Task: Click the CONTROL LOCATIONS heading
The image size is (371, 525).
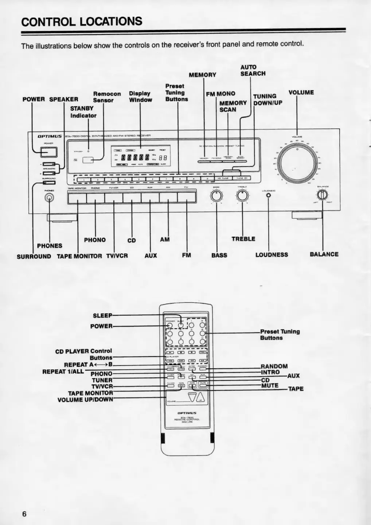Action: click(x=82, y=21)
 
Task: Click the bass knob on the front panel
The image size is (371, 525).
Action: click(x=216, y=196)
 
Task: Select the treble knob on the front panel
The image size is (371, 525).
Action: click(x=242, y=196)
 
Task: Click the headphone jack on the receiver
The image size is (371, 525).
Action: click(x=49, y=198)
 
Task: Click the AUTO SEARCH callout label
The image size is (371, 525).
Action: click(x=253, y=70)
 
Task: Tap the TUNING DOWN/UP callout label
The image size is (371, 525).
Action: click(x=267, y=99)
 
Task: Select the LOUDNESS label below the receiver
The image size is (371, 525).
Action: click(x=272, y=254)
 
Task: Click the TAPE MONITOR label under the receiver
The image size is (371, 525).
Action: click(x=79, y=256)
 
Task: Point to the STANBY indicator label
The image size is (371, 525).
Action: click(x=83, y=112)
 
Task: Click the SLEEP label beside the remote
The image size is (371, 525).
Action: click(x=102, y=315)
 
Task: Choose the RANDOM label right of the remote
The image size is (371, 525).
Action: click(x=274, y=366)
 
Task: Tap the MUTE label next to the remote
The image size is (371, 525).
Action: click(x=270, y=385)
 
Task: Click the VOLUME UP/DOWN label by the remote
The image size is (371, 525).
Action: click(x=85, y=400)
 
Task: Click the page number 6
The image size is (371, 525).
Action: click(x=24, y=514)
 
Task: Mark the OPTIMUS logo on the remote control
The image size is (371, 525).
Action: click(x=187, y=413)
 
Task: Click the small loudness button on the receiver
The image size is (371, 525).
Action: click(x=269, y=195)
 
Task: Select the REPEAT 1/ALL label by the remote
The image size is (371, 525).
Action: click(x=63, y=372)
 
